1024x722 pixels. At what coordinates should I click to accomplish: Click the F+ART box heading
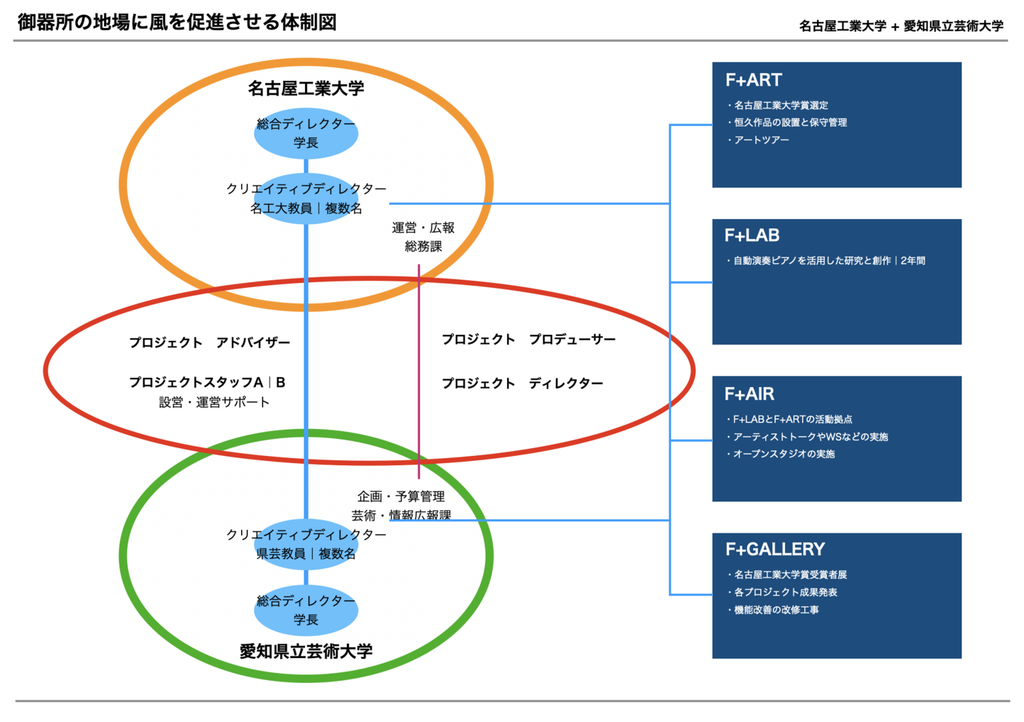753,80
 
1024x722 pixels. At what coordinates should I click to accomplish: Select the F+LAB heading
752,235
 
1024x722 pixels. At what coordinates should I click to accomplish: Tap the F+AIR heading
749,394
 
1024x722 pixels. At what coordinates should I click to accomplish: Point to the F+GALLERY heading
775,549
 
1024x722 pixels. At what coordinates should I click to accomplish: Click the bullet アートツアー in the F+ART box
761,140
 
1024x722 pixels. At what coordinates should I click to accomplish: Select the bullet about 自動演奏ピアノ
828,261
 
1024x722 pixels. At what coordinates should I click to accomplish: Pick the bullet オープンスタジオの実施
783,454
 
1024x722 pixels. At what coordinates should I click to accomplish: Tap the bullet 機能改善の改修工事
776,610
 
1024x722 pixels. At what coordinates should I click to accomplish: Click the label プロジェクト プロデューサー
528,339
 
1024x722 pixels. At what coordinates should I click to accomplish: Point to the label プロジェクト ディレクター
522,383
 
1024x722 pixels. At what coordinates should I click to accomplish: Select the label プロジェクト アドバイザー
210,343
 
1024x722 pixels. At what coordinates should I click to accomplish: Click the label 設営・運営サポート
214,403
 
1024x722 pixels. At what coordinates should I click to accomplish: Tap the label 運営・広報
423,228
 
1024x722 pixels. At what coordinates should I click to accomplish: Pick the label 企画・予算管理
401,496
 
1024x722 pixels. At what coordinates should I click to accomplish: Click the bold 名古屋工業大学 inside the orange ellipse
306,88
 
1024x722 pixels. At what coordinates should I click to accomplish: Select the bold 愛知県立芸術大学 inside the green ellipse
306,651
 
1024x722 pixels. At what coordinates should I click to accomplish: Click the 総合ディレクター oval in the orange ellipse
306,133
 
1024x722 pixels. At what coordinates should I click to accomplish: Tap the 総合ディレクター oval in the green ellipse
306,610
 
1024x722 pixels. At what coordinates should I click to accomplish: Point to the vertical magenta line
419,370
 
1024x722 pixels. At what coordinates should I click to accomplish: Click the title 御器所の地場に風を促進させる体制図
177,23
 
